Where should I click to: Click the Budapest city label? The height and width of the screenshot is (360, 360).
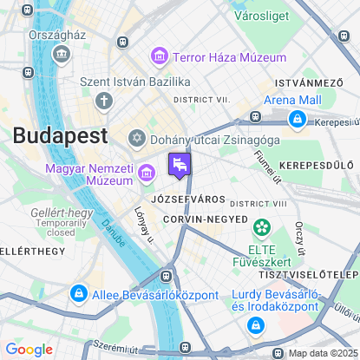pos(60,135)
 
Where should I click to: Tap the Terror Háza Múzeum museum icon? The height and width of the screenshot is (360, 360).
pos(159,57)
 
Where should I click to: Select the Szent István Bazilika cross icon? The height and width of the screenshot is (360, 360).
pos(104,101)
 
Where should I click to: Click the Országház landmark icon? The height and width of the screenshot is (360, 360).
pos(62,54)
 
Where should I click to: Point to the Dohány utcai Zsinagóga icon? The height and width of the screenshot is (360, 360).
pos(137,138)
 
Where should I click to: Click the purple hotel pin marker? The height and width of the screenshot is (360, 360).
pos(180,165)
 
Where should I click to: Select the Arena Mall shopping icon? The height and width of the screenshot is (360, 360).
pos(298,118)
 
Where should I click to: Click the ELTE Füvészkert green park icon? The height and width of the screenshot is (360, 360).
pos(261,227)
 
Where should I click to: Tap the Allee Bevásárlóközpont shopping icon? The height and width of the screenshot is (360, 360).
pos(79,295)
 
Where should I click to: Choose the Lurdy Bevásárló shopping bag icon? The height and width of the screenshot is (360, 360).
pos(255,325)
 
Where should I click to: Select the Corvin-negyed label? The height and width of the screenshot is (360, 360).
pos(206,219)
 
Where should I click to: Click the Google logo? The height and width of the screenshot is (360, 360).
pos(29,349)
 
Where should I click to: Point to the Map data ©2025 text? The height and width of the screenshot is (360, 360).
pos(322,352)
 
